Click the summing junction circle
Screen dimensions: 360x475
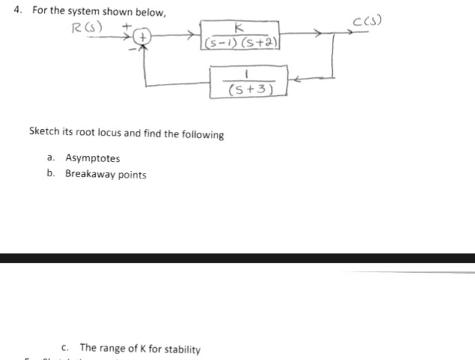click(x=144, y=35)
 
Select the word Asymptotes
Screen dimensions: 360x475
click(x=92, y=158)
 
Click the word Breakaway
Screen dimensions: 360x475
click(x=90, y=175)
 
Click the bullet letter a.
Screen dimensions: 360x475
click(x=50, y=158)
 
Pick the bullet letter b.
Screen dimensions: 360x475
click(x=50, y=175)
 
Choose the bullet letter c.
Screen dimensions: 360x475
click(x=66, y=349)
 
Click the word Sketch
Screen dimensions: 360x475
click(x=44, y=134)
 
